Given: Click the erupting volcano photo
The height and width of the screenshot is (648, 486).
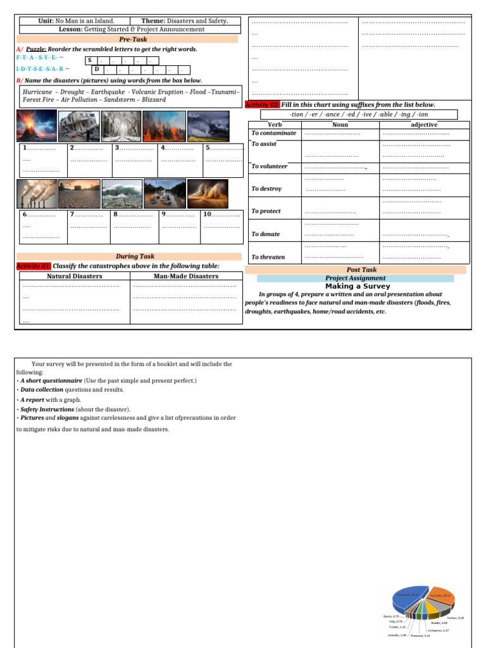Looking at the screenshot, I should click(x=36, y=126).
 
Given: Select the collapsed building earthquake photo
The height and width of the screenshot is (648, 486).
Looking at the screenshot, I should click(x=78, y=126).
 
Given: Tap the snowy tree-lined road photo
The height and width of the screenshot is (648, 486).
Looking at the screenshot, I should click(x=121, y=126).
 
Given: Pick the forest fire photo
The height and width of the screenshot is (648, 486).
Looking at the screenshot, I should click(x=164, y=126).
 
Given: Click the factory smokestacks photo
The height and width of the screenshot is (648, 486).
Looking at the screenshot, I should click(x=37, y=194).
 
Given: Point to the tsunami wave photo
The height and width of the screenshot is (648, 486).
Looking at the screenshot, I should click(x=121, y=194).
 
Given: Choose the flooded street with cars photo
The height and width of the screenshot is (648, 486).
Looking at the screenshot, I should click(x=165, y=194).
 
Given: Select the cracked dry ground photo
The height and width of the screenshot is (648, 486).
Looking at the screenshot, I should click(x=79, y=194).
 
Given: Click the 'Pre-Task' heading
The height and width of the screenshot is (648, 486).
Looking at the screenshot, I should click(x=128, y=39).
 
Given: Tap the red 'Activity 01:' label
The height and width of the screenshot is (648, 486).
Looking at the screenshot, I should click(x=34, y=266).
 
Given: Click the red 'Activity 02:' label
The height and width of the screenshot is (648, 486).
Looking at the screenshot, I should click(x=262, y=104).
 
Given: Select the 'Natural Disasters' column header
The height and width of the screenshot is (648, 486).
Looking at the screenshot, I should click(x=74, y=276).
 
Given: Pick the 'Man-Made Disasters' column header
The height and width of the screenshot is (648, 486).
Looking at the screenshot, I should click(x=186, y=276).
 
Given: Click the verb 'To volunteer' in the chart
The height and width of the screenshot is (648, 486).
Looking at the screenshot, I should click(x=269, y=166).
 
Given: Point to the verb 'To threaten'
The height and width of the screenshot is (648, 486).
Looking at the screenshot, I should click(x=268, y=257).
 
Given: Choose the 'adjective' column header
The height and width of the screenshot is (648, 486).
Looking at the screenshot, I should click(x=424, y=125).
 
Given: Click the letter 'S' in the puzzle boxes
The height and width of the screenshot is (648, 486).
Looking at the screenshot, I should click(x=90, y=59).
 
